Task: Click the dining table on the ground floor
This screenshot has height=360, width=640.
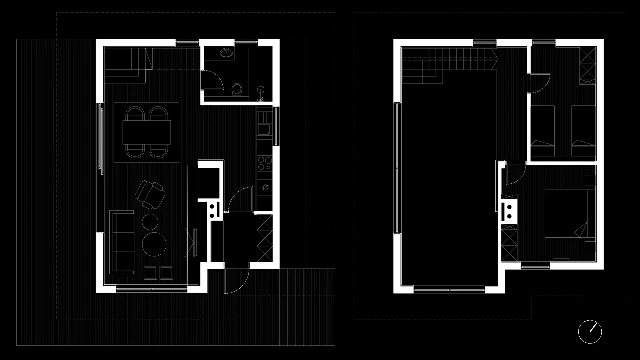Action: [147, 132]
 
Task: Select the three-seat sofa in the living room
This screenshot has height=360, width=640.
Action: [122, 242]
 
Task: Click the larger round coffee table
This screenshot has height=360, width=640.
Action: [154, 244]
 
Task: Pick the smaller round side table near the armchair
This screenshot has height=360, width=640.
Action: [150, 222]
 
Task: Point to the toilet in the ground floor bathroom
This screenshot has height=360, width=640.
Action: [237, 90]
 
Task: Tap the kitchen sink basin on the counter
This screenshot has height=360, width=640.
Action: [264, 129]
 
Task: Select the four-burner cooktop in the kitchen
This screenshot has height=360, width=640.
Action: [265, 163]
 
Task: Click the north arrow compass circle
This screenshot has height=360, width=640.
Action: [590, 332]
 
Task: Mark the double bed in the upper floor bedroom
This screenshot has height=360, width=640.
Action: [567, 214]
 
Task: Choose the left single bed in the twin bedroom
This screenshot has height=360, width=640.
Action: [542, 131]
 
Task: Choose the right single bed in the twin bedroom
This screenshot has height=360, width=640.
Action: [583, 131]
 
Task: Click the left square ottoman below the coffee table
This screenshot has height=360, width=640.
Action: [151, 273]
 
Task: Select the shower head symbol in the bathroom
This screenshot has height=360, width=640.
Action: [261, 90]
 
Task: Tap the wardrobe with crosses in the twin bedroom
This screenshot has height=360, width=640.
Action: [587, 66]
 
